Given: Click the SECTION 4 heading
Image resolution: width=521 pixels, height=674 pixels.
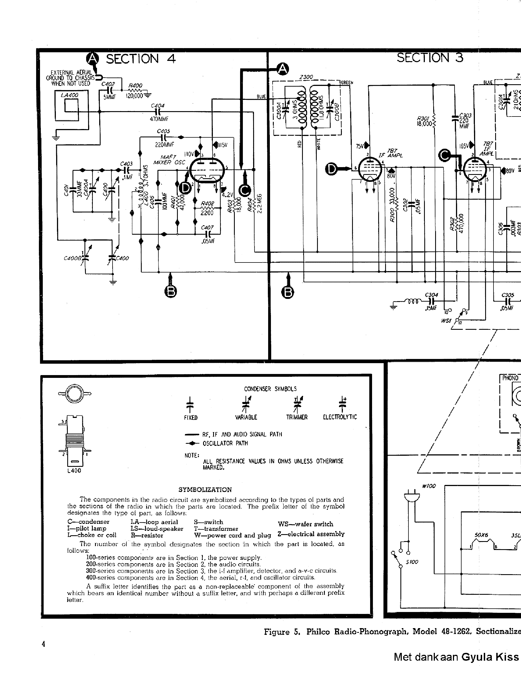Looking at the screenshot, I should tap(141, 59).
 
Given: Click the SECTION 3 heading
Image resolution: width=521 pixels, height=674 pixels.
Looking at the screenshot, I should tap(430, 58).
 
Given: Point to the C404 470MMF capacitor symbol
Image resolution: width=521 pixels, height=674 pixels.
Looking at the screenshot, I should tap(159, 112).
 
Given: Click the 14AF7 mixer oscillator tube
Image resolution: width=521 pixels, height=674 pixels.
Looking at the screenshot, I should tap(206, 169).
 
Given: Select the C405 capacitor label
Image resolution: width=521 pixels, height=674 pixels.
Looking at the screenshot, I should tap(163, 131).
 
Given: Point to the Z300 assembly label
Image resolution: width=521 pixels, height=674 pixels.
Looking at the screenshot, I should tap(306, 77).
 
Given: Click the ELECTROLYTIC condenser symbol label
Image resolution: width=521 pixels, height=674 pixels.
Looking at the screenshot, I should tap(340, 417).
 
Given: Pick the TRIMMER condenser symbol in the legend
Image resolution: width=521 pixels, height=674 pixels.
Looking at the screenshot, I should tap(297, 405).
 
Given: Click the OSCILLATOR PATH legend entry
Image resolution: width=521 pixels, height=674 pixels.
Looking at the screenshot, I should tap(225, 443).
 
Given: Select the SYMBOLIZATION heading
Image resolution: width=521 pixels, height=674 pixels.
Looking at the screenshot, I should tap(205, 490).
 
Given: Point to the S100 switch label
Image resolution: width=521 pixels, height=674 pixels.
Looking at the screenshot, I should tap(412, 562).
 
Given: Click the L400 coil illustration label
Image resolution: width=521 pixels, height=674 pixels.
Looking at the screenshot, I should tap(74, 471).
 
